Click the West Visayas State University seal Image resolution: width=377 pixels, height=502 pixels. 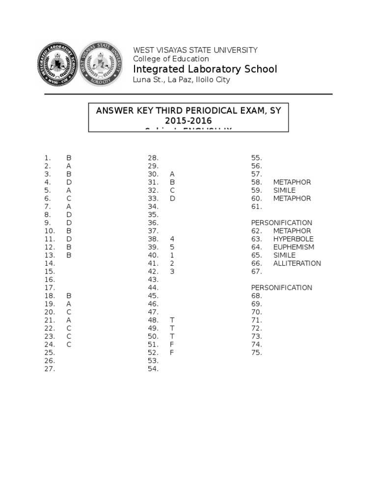pos(101,64)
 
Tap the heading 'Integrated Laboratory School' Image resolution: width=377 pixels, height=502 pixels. pos(205,69)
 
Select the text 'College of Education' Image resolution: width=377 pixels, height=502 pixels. pos(171,59)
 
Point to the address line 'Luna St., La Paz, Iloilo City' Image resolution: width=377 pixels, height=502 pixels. pos(182,80)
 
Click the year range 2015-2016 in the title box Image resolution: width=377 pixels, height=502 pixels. pos(188,121)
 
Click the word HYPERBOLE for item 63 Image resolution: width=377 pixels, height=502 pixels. pos(294,239)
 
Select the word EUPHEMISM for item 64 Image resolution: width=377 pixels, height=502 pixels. pos(294,247)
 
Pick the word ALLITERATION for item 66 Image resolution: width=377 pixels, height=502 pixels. pos(297,263)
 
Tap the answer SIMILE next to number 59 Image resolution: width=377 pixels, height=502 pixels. pos(285,190)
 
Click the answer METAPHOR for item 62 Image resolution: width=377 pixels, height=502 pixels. pos(292,231)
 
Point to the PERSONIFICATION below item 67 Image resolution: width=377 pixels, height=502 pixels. pos(282,288)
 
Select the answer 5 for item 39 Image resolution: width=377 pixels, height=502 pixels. pos(172,247)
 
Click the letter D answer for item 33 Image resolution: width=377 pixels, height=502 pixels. pos(172,199)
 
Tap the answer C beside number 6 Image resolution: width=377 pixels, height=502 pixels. pos(69,199)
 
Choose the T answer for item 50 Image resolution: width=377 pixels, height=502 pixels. pos(172,336)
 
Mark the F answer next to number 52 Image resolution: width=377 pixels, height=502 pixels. pos(172,352)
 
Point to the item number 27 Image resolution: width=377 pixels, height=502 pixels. pos(50,369)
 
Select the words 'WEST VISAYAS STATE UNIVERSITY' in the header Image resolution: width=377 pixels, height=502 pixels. pos(195,50)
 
